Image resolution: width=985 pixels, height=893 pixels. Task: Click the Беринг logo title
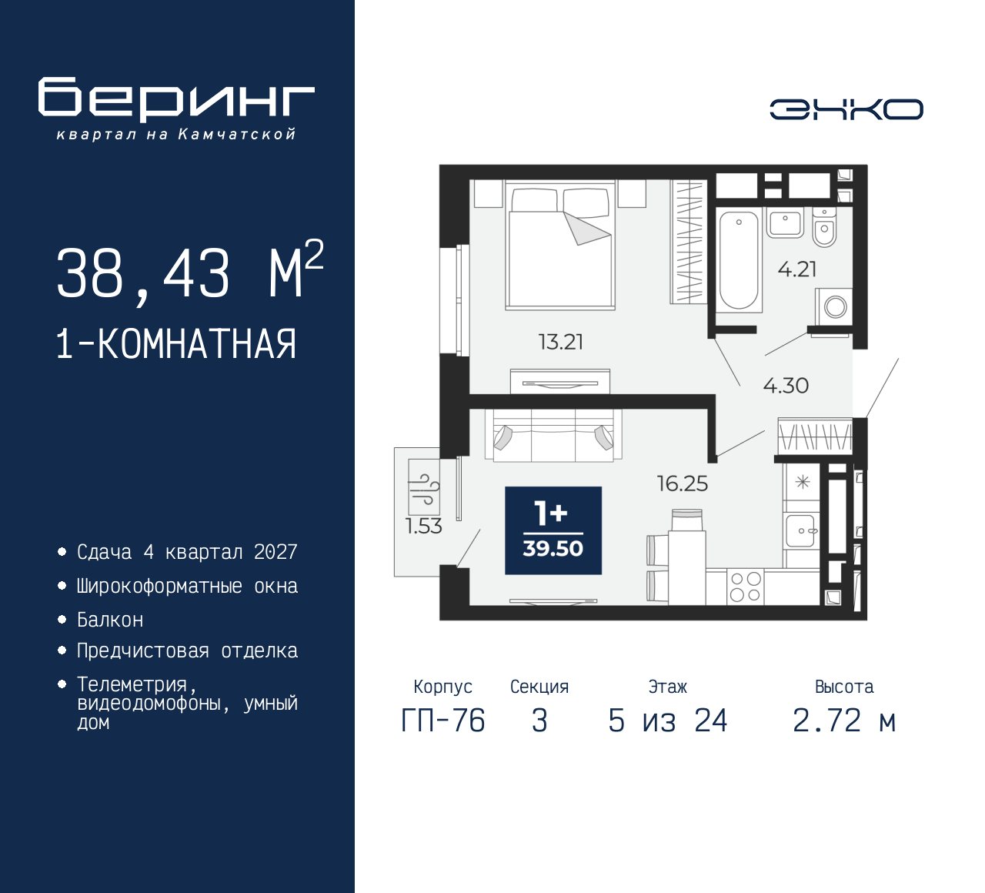(176, 99)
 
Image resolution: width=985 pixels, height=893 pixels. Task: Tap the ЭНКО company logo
(846, 109)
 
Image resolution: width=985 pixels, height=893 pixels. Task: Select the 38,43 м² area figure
(190, 272)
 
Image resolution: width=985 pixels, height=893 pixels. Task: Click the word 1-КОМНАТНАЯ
(176, 344)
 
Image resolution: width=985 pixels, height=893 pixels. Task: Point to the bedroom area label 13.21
(561, 342)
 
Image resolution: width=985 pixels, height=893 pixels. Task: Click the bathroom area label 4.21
(797, 269)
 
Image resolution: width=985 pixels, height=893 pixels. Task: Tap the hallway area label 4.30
(786, 386)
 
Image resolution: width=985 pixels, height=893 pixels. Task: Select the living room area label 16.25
(683, 483)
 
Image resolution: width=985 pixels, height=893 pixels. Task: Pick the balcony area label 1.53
(424, 526)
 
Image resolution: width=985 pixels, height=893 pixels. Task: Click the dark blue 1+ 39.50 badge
(553, 530)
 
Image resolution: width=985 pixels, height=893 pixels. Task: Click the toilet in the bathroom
(824, 227)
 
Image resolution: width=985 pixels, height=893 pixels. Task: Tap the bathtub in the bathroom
(739, 260)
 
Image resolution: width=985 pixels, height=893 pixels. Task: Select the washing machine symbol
(833, 307)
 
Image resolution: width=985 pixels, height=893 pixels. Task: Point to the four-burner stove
(746, 587)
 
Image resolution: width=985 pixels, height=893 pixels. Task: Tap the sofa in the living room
(553, 435)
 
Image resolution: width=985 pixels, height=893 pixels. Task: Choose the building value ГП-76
(443, 721)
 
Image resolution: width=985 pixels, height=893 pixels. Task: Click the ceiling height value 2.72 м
(845, 721)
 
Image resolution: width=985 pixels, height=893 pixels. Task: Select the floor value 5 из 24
(668, 721)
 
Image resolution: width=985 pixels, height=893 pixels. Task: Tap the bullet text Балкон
(110, 620)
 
